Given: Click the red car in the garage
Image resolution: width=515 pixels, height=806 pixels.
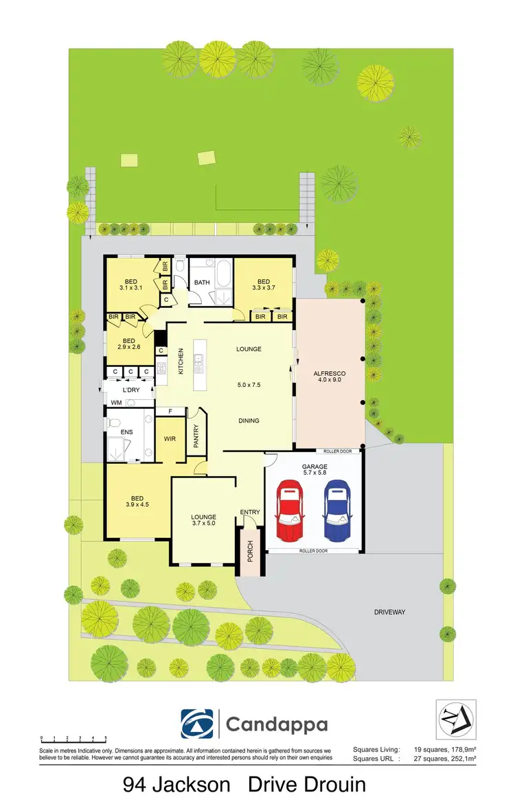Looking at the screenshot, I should click(289, 510).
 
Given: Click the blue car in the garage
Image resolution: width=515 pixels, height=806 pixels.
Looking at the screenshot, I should click(336, 510).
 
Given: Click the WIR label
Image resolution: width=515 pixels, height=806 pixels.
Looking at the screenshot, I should click(170, 439).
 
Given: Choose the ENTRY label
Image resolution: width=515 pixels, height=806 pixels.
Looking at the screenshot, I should click(250, 512).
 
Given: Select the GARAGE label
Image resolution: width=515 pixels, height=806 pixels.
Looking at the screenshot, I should click(314, 466).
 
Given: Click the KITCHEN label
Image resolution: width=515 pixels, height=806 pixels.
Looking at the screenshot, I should click(181, 361).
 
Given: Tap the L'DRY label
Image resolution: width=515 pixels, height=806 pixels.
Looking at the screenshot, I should click(132, 390).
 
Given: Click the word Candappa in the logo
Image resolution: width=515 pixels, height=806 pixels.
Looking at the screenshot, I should click(277, 724).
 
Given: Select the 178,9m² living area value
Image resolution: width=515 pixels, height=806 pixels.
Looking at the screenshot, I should click(457, 750).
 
